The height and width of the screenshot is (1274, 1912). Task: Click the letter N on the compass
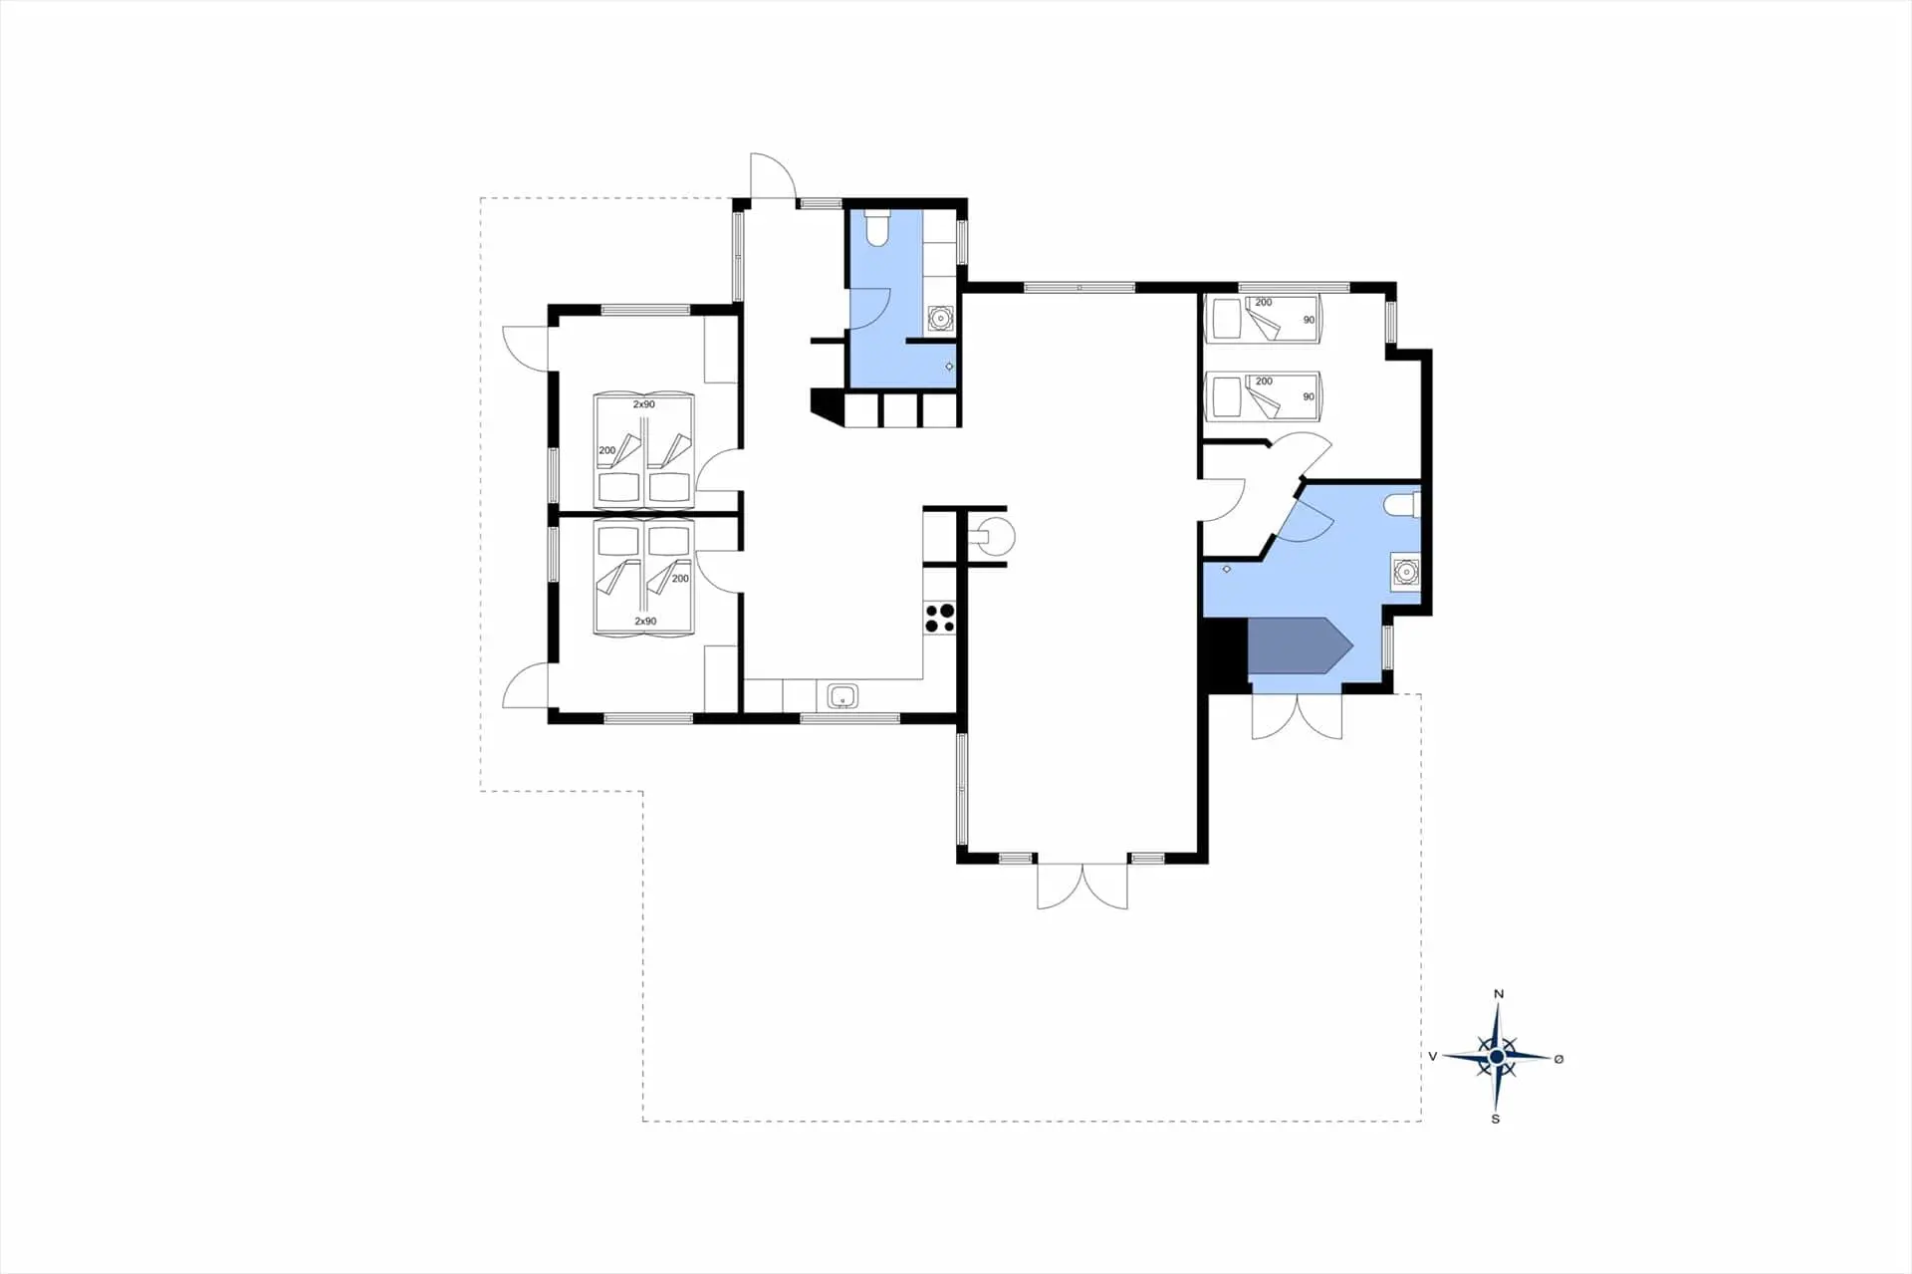[x=1499, y=994]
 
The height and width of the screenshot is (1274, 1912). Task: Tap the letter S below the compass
[x=1495, y=1120]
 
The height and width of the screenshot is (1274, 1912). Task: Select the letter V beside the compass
[x=1432, y=1057]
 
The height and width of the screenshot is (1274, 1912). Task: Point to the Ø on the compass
[x=1558, y=1059]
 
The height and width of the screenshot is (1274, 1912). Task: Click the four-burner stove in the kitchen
[x=939, y=618]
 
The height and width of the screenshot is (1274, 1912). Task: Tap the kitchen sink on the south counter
[x=842, y=695]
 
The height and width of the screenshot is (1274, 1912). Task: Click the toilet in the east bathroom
[x=1402, y=506]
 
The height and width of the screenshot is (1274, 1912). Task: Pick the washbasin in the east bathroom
[x=1405, y=573]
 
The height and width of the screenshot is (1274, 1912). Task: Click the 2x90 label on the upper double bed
[x=644, y=404]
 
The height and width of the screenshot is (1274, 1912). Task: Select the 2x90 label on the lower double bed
[x=645, y=621]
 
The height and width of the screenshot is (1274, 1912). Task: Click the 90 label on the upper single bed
[x=1309, y=320]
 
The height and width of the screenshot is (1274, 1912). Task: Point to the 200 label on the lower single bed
[x=1264, y=382]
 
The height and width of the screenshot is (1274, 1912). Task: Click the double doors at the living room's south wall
[x=1082, y=885]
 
